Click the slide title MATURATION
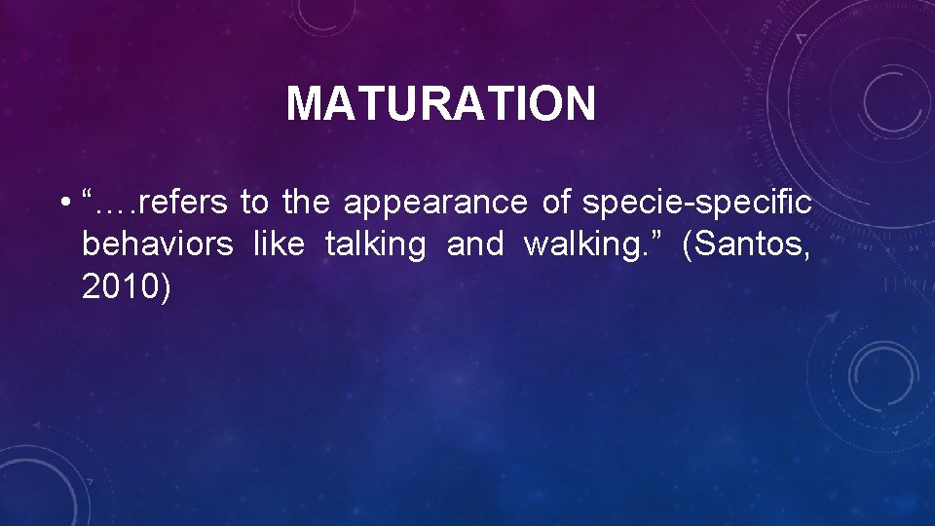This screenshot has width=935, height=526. pos(440,104)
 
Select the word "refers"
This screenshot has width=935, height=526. pos(183,203)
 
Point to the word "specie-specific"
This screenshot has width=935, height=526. pos(696,203)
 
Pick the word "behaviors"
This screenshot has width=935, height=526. pos(158,244)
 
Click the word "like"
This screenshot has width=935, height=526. pos(279,244)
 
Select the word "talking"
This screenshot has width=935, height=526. pos(375,244)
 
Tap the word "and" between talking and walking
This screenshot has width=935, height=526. pos(474,244)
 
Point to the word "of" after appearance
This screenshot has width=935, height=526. pos(556,203)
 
